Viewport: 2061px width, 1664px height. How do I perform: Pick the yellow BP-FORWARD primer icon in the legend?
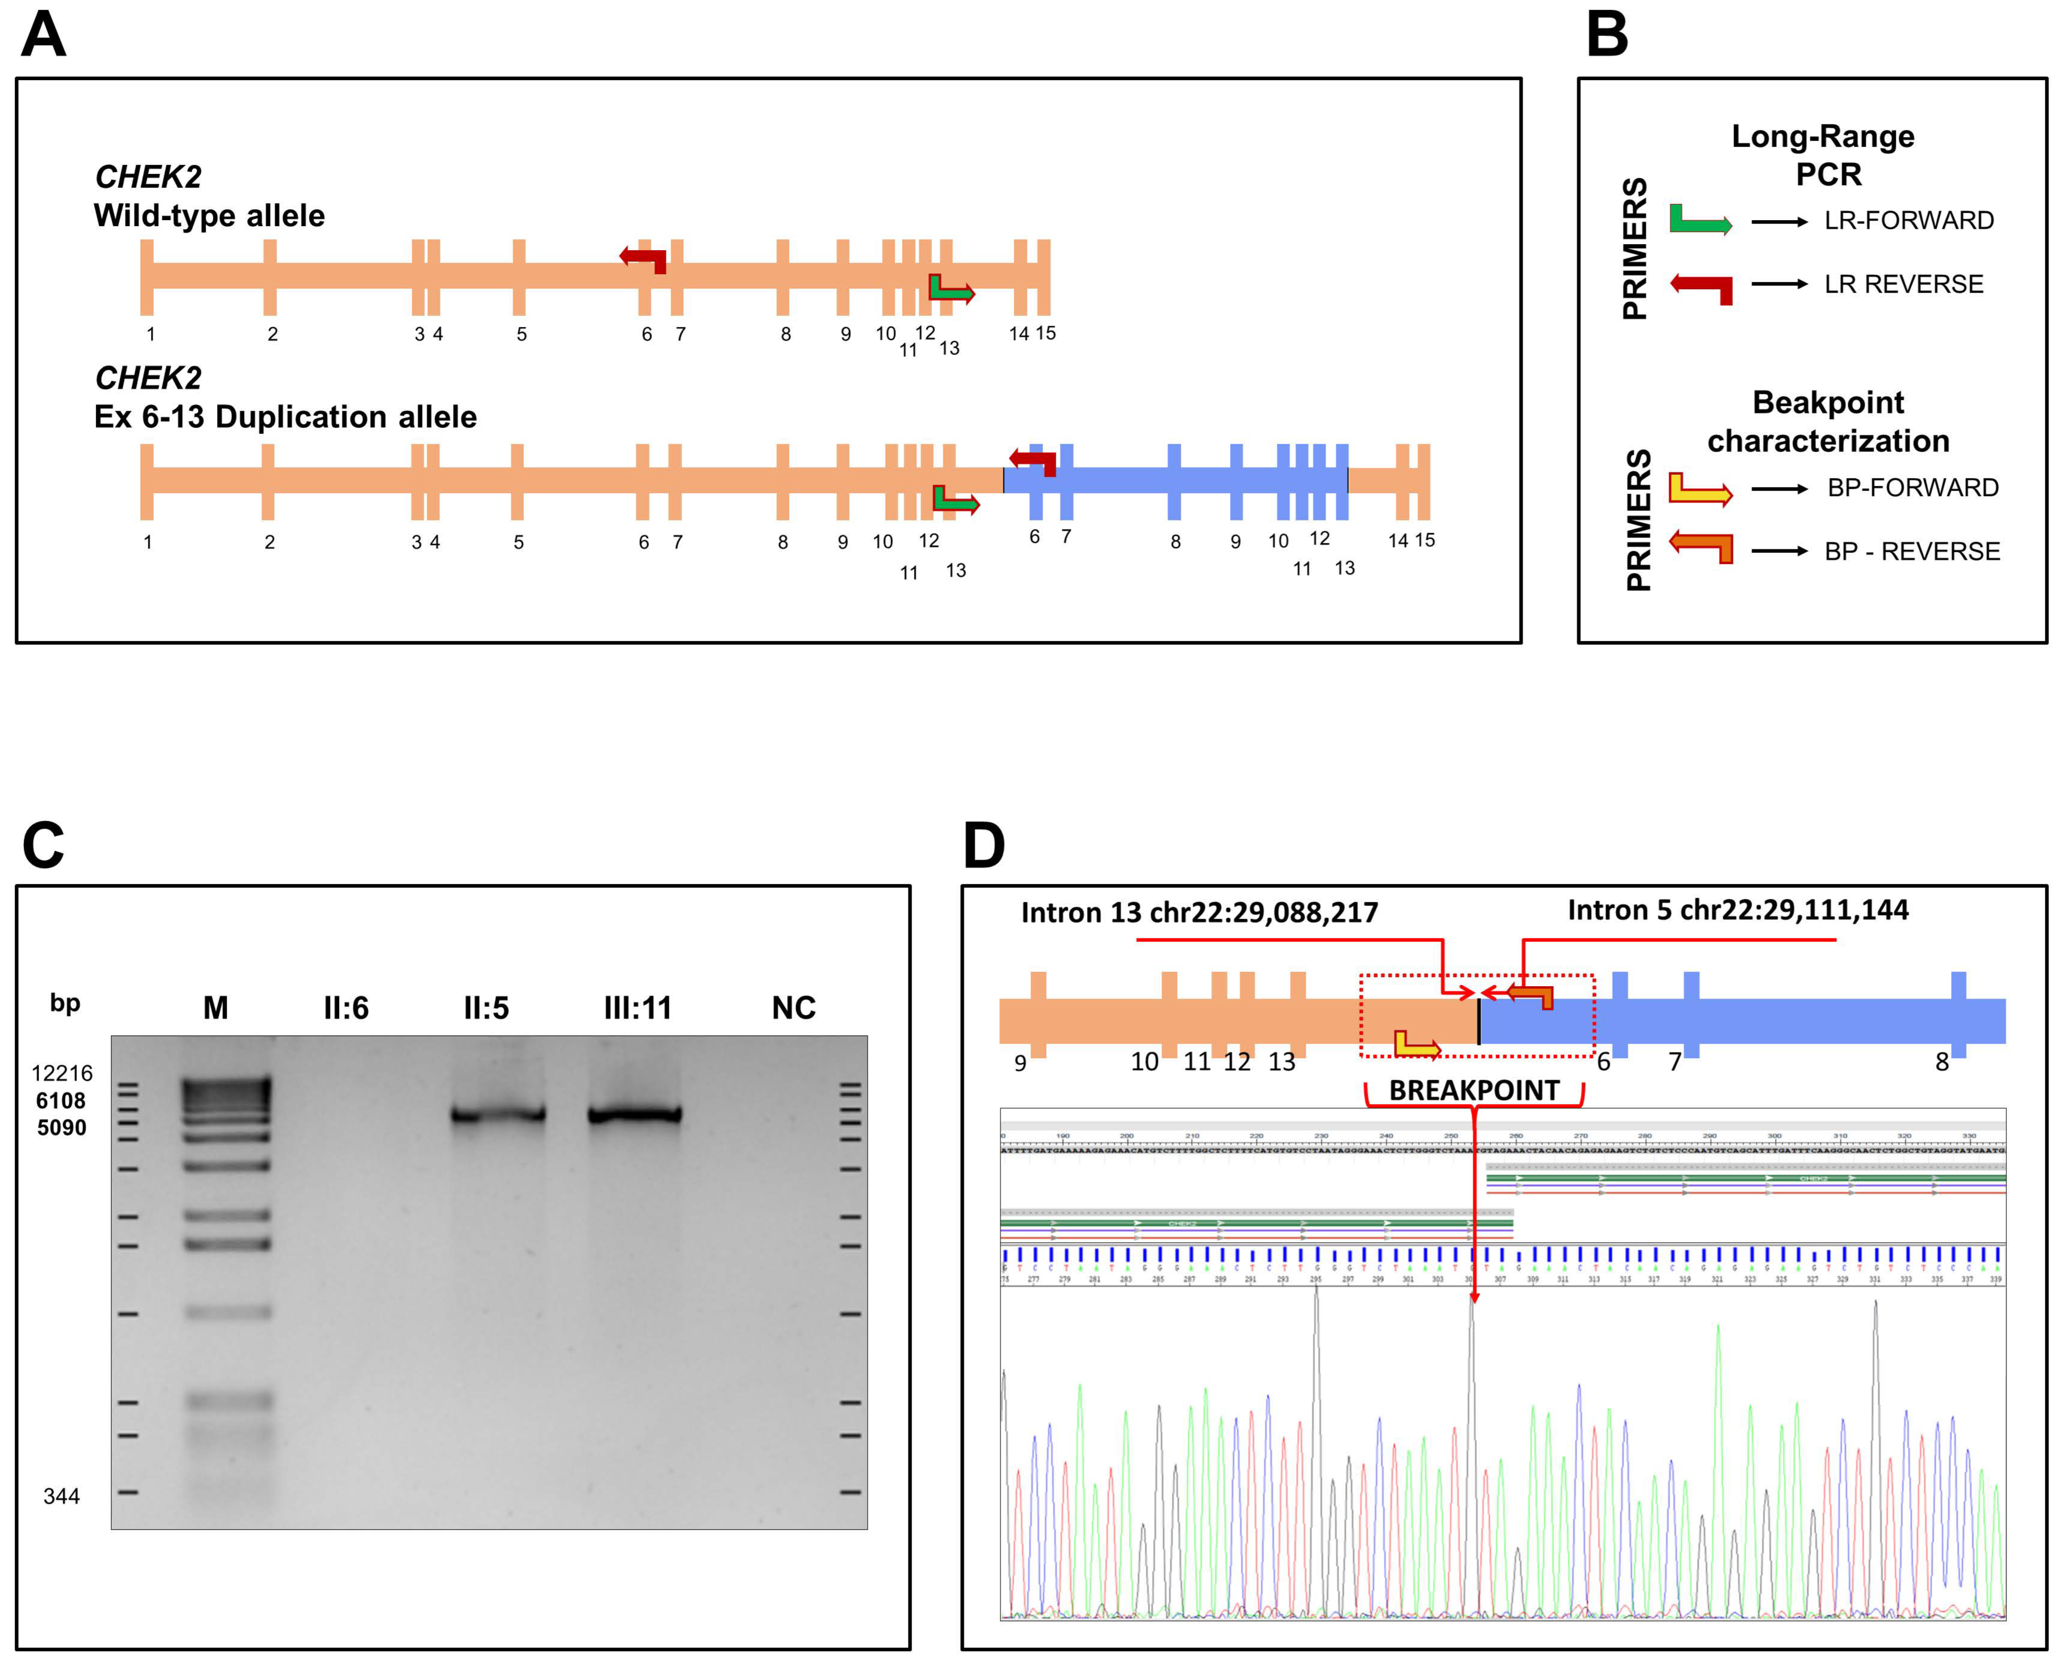(1700, 489)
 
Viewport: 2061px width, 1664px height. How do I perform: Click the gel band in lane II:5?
(499, 1115)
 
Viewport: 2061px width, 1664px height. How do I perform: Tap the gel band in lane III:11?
(635, 1115)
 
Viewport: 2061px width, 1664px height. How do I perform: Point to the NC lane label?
(794, 1007)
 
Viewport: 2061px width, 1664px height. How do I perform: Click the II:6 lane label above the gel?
(346, 1007)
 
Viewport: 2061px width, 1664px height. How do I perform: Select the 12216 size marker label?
(62, 1074)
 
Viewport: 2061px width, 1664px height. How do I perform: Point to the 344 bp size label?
(61, 1496)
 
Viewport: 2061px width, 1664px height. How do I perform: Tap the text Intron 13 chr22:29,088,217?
(1199, 913)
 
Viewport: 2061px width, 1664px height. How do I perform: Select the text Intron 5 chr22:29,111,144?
(1738, 910)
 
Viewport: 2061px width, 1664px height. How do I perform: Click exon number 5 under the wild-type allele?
(521, 335)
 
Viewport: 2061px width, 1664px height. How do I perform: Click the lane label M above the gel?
(216, 1007)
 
